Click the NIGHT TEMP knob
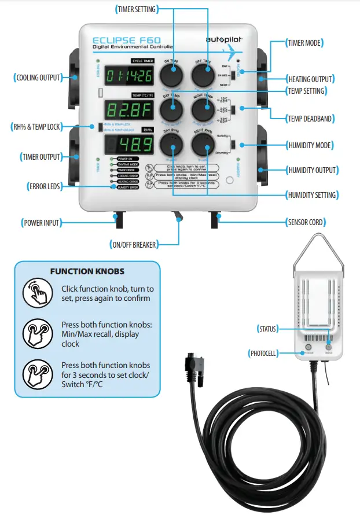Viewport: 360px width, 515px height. (203, 109)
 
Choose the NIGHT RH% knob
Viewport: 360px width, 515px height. (203, 143)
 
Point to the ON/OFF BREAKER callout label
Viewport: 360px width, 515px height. (133, 245)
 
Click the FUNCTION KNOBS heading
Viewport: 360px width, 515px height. (87, 271)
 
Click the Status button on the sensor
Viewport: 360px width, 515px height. (329, 348)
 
